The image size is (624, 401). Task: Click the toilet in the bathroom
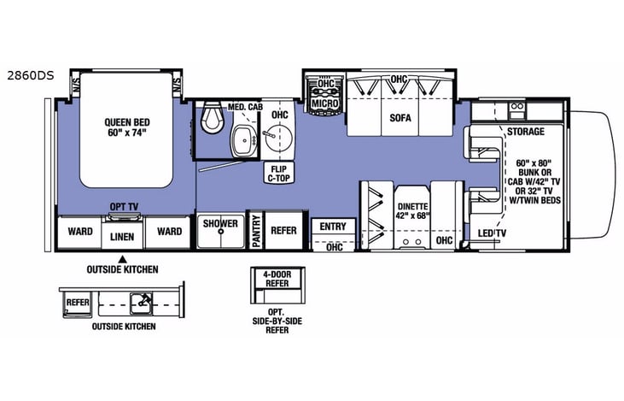pyautogui.click(x=210, y=121)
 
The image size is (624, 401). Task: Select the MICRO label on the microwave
pyautogui.click(x=324, y=103)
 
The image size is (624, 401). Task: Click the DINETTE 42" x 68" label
pyautogui.click(x=412, y=210)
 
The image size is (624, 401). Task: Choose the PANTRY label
pyautogui.click(x=254, y=232)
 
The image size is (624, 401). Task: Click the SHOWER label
pyautogui.click(x=220, y=224)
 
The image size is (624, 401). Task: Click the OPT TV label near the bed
pyautogui.click(x=124, y=206)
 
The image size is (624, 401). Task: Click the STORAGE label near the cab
pyautogui.click(x=525, y=133)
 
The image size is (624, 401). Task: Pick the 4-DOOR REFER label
pyautogui.click(x=276, y=280)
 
